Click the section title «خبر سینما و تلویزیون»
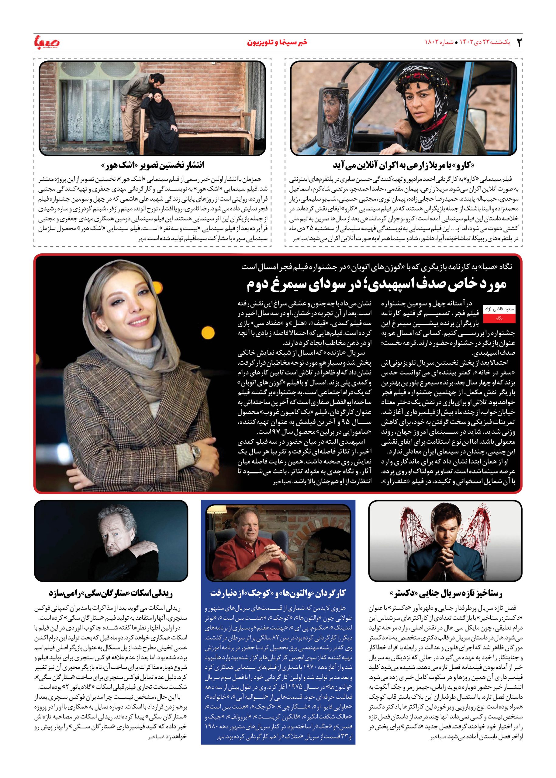(x=278, y=42)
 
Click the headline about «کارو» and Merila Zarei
(x=404, y=165)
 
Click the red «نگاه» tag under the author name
(x=499, y=318)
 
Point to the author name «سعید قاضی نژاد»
(x=499, y=309)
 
